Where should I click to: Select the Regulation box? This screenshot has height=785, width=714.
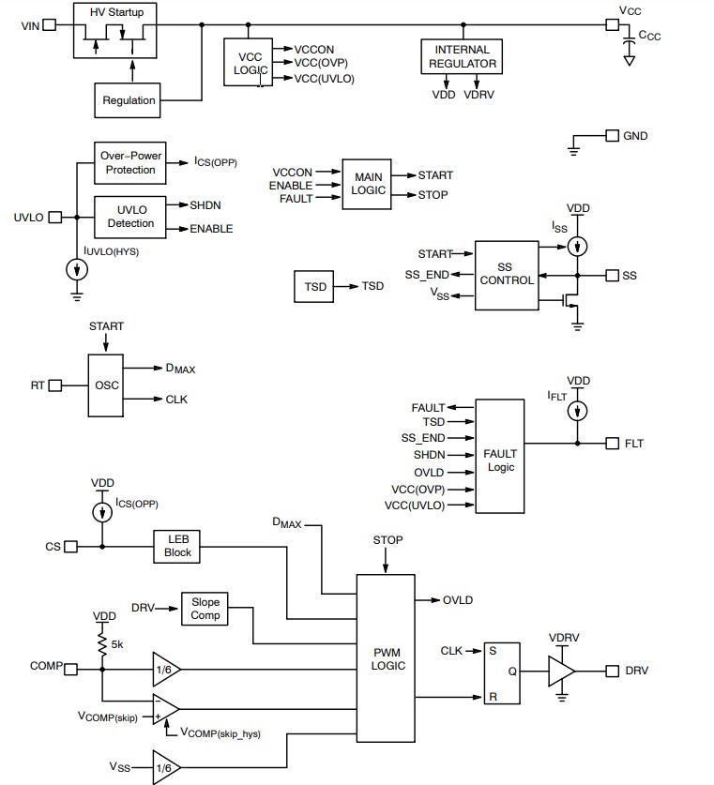(129, 100)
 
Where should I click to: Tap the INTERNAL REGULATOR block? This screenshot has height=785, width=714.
(463, 56)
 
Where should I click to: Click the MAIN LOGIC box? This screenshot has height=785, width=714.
(368, 183)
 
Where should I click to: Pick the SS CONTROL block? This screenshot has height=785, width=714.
(507, 275)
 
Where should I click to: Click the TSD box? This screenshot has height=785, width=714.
(316, 286)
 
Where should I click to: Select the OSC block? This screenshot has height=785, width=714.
(107, 385)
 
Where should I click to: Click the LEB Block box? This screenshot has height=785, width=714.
(177, 546)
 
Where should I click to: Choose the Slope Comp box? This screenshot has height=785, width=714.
(205, 609)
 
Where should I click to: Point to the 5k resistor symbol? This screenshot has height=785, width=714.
(100, 643)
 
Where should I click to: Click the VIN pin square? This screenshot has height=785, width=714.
(53, 25)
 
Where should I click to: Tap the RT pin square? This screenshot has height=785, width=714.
(55, 385)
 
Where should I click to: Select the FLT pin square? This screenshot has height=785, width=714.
(613, 443)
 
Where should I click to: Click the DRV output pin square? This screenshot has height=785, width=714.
(613, 671)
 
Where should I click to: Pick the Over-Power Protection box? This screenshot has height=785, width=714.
(129, 163)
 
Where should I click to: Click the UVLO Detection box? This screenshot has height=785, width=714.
(129, 217)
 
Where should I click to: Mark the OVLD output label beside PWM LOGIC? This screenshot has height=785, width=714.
(458, 599)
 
